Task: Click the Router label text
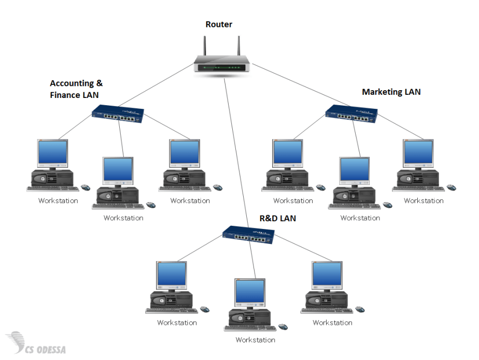pos(219,24)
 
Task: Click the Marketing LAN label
pos(391,92)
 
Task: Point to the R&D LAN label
pos(277,219)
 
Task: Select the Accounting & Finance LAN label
pos(76,89)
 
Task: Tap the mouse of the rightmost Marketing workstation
pos(452,187)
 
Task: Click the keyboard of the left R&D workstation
pos(171,311)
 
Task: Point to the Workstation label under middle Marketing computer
pos(360,218)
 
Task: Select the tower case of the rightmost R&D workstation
pos(327,300)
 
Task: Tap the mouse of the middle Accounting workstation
pos(151,205)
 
